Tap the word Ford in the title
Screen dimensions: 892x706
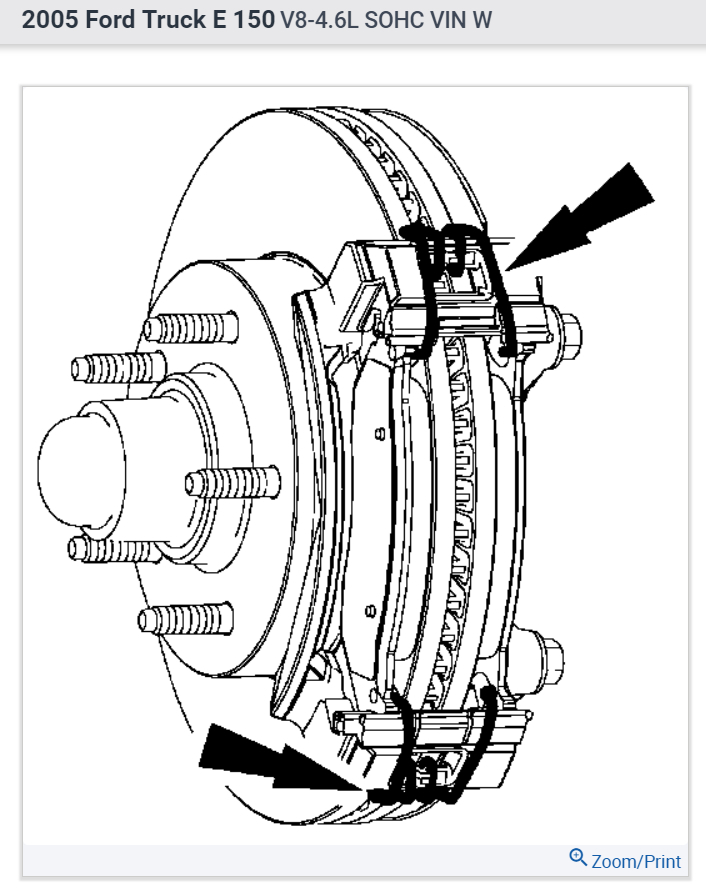103,20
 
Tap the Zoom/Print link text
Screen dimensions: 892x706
636,861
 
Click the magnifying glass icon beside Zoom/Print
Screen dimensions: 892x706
578,858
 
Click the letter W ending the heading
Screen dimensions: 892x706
483,20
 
